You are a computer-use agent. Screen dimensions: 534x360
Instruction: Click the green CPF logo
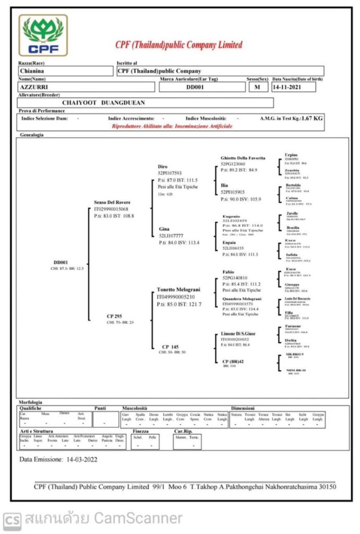coord(43,35)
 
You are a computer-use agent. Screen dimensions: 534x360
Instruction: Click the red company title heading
coord(179,45)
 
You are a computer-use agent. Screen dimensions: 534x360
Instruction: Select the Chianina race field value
coord(32,71)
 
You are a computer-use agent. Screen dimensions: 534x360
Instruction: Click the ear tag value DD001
coord(196,87)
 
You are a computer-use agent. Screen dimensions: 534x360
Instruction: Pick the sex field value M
coord(257,87)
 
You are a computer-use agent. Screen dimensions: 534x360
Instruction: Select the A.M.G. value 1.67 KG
coord(312,118)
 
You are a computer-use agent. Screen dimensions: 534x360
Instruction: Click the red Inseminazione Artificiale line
coord(172,126)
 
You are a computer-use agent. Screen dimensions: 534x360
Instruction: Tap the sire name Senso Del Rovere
coord(112,202)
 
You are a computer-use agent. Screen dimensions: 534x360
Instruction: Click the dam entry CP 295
coord(114,316)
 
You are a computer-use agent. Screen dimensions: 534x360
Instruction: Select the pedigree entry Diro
coord(163,166)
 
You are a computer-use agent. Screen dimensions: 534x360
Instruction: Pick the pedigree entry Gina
coord(164,229)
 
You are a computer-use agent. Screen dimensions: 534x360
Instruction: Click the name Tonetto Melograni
coord(178,289)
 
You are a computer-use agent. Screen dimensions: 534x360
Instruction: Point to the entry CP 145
coord(170,346)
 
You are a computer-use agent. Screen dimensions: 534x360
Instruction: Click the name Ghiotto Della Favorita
coord(243,157)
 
